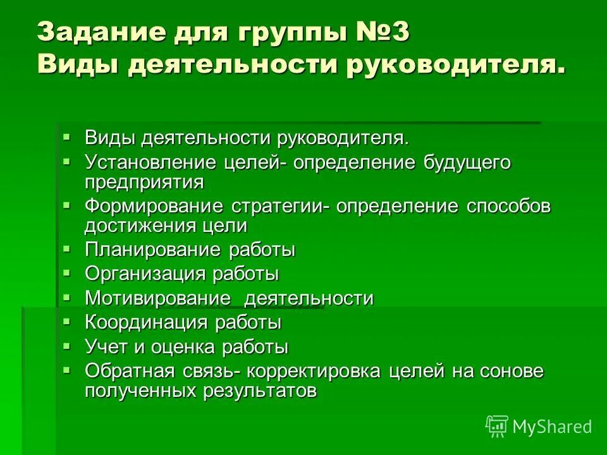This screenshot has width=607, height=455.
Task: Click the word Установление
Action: (x=152, y=163)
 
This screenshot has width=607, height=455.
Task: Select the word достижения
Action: (x=139, y=226)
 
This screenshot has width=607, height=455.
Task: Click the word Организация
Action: (x=145, y=274)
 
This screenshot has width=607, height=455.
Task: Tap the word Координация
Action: (x=146, y=323)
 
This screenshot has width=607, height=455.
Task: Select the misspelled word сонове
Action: (x=514, y=372)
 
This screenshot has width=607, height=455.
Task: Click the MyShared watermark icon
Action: (x=497, y=426)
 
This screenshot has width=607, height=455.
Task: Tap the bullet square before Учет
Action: (x=68, y=346)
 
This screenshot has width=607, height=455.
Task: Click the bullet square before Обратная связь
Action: (x=68, y=370)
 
